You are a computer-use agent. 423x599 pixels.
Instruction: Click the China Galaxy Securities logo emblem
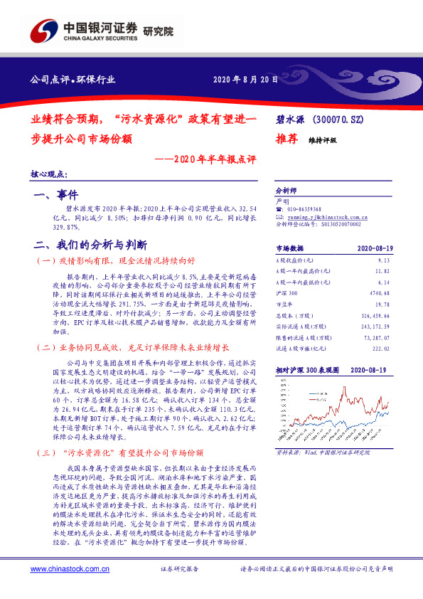[x=44, y=30]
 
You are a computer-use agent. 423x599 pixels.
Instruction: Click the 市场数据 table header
[x=289, y=248]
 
